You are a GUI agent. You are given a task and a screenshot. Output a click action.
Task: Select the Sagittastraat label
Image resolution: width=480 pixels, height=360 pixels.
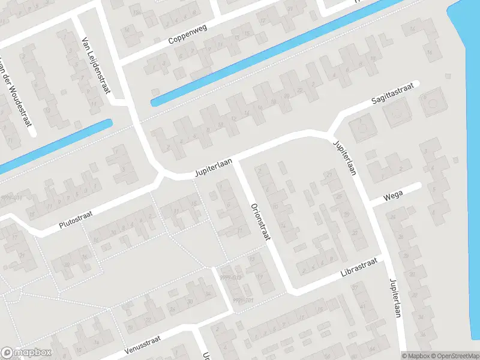pos(393,95)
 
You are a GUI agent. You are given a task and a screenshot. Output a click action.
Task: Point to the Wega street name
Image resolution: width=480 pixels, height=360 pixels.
pos(393,194)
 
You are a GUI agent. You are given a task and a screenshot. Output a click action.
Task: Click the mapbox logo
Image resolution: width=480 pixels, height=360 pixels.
pos(26,353)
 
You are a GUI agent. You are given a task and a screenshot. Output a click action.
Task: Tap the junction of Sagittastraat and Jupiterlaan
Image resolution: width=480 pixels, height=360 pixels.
pos(330,132)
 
